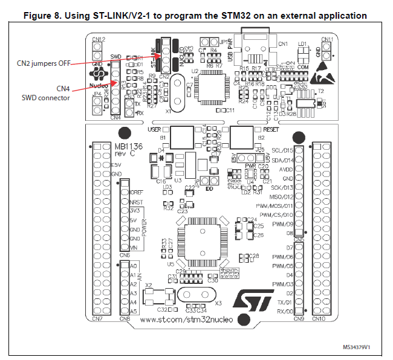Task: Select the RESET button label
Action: (x=271, y=129)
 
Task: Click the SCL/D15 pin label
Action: (x=282, y=150)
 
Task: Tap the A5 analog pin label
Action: (x=134, y=310)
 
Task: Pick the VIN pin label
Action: (x=134, y=248)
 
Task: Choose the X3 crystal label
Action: (x=218, y=303)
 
